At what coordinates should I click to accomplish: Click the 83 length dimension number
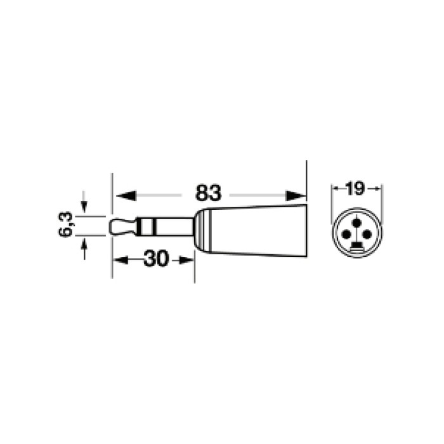coord(208,193)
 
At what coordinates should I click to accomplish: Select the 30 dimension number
coord(156,258)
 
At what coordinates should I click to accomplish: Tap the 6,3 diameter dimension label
coord(66,225)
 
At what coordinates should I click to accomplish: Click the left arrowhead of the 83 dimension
coord(126,195)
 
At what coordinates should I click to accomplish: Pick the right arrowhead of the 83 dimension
coord(296,195)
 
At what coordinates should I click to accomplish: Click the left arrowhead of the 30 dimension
coord(121,260)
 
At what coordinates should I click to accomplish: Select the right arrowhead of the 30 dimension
coord(187,260)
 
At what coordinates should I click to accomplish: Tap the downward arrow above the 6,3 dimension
coord(84,201)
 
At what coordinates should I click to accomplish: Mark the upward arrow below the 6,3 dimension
coord(84,249)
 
